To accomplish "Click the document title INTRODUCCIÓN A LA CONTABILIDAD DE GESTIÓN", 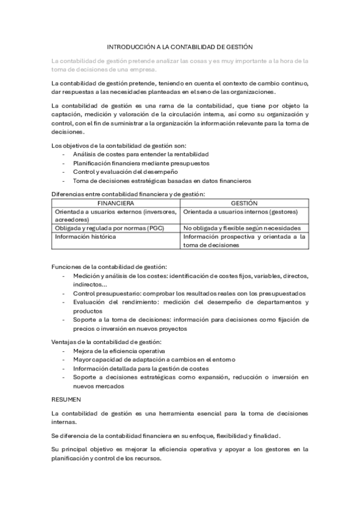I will [x=180, y=46].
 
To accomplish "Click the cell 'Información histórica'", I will [x=85, y=237].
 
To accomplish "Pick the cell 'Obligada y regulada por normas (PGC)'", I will [x=109, y=229].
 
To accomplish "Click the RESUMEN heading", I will [x=67, y=398].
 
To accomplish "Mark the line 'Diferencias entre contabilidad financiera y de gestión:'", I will [x=128, y=194].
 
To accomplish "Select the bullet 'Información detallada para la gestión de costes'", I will [x=141, y=368].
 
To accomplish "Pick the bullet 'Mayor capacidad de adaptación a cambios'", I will [x=154, y=359].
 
